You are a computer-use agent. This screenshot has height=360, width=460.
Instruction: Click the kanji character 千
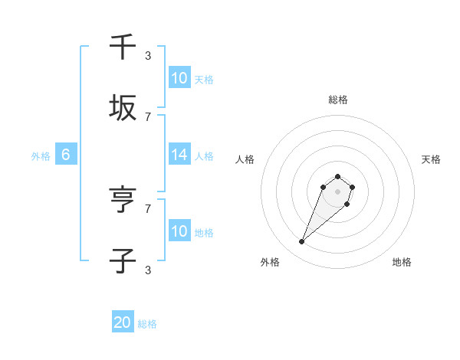[x=123, y=47]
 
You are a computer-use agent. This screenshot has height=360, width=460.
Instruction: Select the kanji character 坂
[x=123, y=108]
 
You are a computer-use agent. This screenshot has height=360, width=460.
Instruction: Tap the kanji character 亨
[x=123, y=201]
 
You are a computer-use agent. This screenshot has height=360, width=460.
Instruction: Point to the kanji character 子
[x=123, y=261]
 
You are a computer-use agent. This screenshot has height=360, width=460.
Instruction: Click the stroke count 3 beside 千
[x=148, y=55]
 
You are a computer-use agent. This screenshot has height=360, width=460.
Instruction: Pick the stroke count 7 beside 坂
[x=148, y=116]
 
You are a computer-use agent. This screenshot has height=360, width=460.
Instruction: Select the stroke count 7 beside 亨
[x=148, y=208]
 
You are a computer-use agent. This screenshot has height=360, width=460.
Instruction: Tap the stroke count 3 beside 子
[x=148, y=270]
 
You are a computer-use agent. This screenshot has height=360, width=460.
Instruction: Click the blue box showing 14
[x=179, y=155]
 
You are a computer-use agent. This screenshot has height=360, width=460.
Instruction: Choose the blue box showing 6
[x=66, y=155]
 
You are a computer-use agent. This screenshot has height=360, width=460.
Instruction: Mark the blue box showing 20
[x=123, y=323]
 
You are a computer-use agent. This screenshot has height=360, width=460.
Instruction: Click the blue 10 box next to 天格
[x=179, y=78]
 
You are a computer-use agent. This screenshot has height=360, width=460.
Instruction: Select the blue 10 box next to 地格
[x=179, y=231]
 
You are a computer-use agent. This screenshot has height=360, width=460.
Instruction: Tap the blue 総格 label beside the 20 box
[x=147, y=324]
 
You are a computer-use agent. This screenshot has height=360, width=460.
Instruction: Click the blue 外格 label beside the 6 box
[x=41, y=155]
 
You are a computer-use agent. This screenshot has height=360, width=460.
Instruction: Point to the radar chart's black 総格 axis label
[x=338, y=100]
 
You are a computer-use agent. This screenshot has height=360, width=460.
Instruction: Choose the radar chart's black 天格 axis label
[x=431, y=159]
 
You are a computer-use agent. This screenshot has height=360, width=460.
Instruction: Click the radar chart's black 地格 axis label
[x=402, y=262]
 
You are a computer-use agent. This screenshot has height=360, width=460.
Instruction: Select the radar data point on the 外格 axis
[x=302, y=242]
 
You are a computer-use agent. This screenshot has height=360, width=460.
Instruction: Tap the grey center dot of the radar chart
[x=338, y=191]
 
